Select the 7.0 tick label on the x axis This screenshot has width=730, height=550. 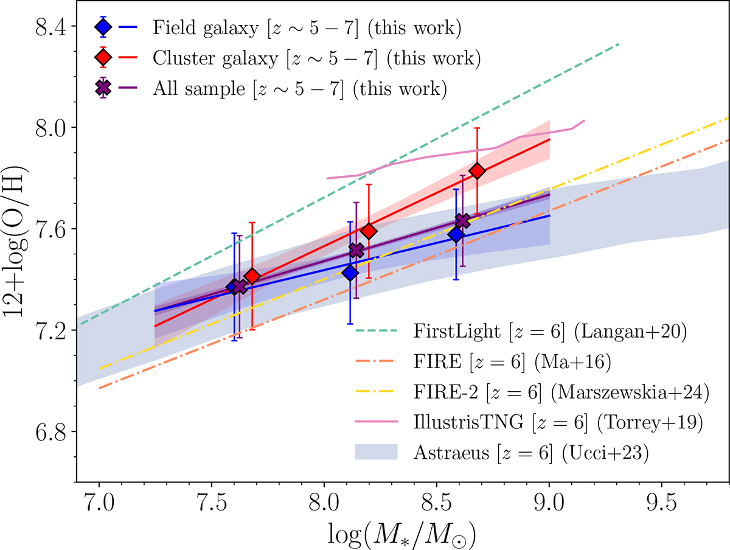(x=99, y=505)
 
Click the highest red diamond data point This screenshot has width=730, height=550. (x=478, y=171)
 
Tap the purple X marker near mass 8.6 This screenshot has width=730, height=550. (x=463, y=220)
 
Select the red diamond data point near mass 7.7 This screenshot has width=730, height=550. (x=252, y=276)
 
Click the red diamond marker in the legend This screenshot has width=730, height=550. (x=103, y=58)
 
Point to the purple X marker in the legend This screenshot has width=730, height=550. (x=103, y=89)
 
